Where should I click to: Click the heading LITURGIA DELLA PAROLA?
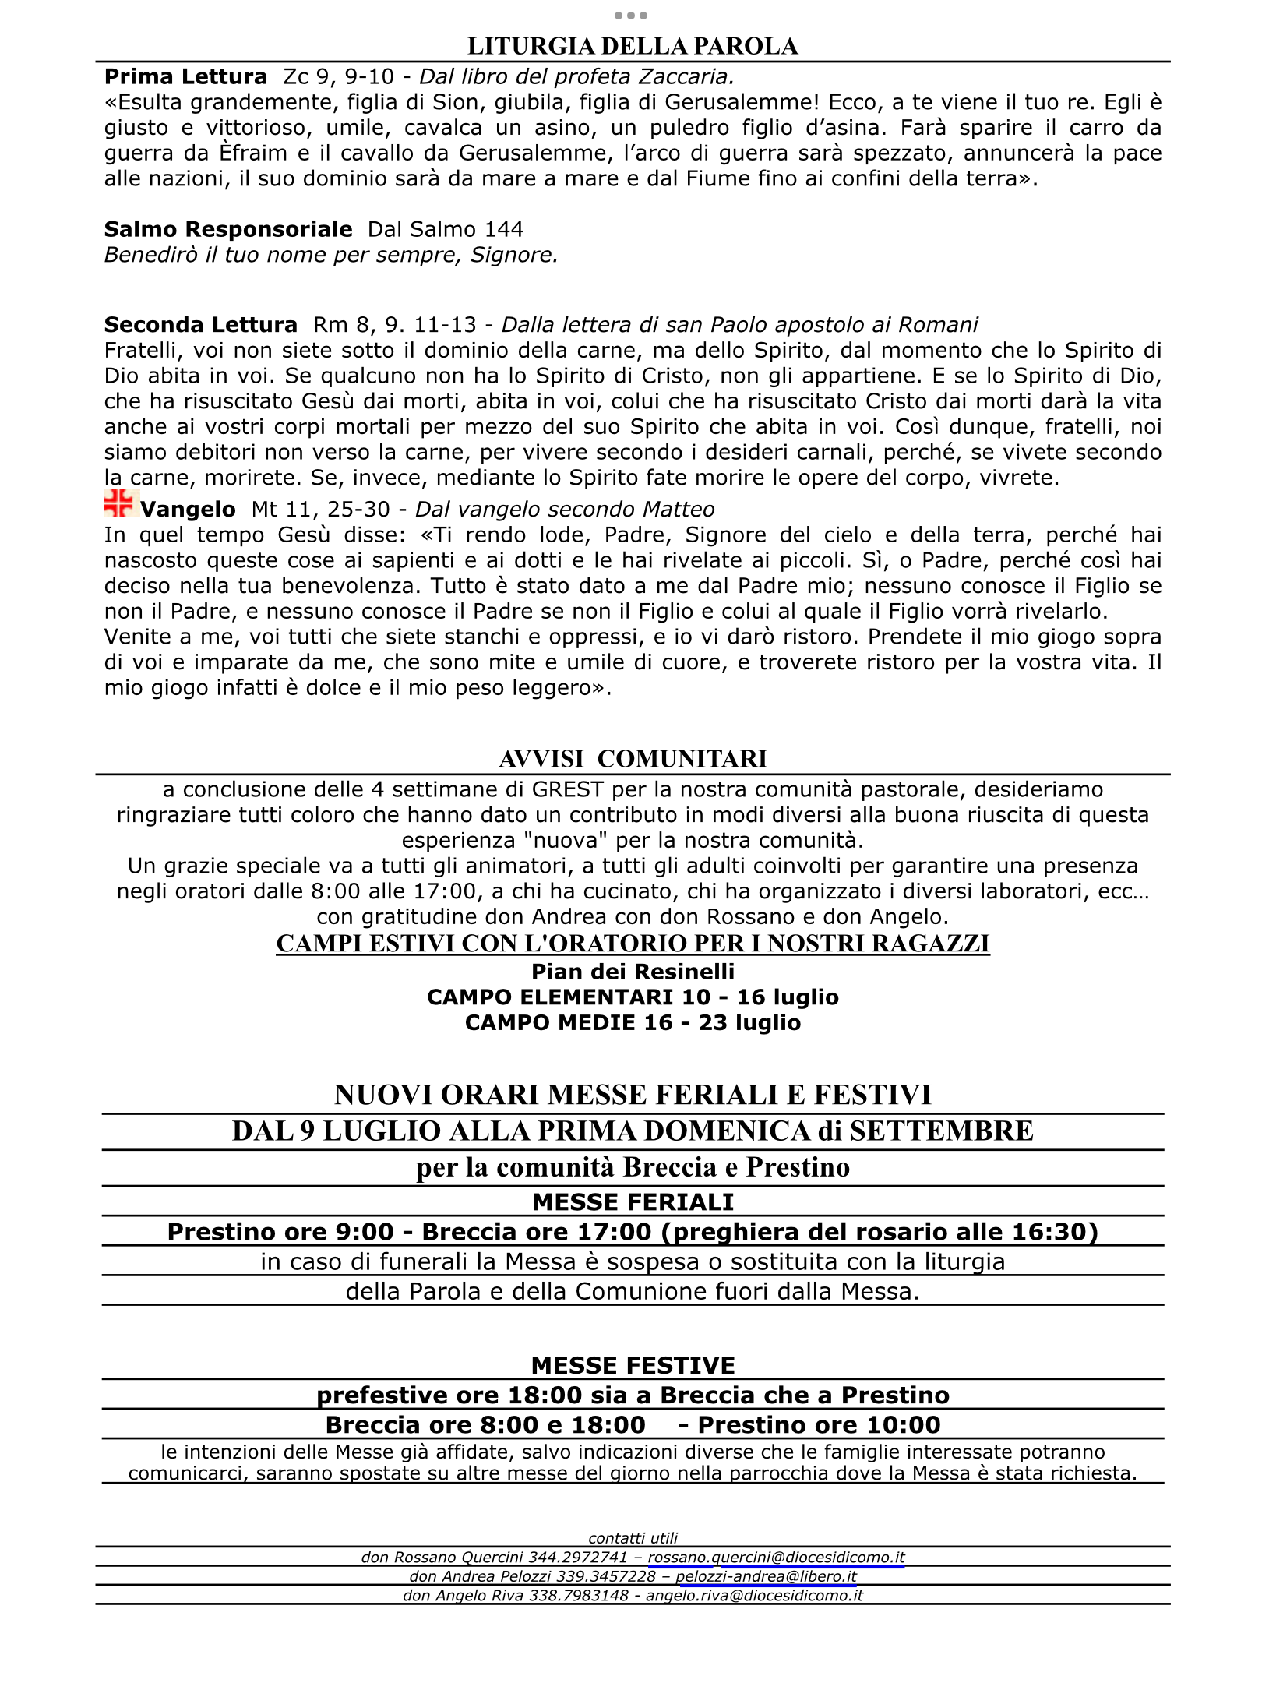coord(632,47)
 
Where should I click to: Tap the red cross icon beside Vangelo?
coord(118,503)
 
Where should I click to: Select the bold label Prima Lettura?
coord(185,77)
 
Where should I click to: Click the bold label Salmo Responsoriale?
coord(228,229)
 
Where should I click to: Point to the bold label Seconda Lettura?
coord(200,325)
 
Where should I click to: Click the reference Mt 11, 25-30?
coord(320,510)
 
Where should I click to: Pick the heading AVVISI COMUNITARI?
coord(632,759)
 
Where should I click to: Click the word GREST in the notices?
coord(567,789)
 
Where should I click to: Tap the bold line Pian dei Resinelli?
coord(633,972)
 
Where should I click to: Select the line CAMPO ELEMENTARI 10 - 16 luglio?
coord(633,997)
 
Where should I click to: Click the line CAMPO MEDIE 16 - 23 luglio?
coord(633,1022)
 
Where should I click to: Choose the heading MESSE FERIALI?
coord(633,1202)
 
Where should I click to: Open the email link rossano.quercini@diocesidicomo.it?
coord(776,1558)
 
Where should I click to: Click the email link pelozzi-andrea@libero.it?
coord(766,1576)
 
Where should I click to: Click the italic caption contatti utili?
coord(633,1538)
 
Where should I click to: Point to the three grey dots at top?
coord(631,16)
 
